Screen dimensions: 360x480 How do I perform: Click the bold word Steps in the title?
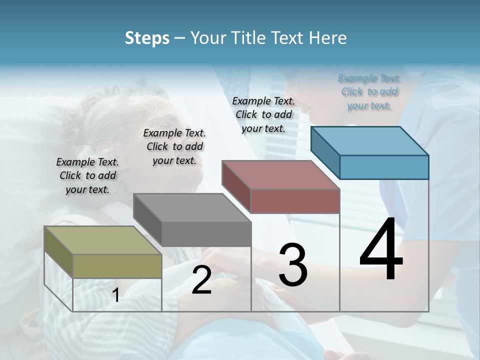pos(147,38)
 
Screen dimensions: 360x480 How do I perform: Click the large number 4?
pos(381,250)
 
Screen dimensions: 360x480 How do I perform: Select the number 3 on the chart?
pos(292,265)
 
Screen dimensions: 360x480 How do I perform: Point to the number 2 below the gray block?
pos(201,280)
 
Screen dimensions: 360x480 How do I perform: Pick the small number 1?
pos(116,295)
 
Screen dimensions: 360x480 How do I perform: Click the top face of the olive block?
pos(95,240)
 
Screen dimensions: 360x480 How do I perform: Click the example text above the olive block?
pos(87,175)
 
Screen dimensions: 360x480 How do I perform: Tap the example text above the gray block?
pos(174,146)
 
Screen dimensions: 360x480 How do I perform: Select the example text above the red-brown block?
pos(263,114)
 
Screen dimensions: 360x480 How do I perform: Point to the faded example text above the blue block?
pos(369,91)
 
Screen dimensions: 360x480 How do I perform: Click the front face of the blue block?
pos(384,167)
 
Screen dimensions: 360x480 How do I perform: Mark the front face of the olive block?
pos(117,266)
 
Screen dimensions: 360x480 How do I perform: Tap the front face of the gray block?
pos(206,234)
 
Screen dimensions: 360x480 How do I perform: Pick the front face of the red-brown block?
pos(295,201)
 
